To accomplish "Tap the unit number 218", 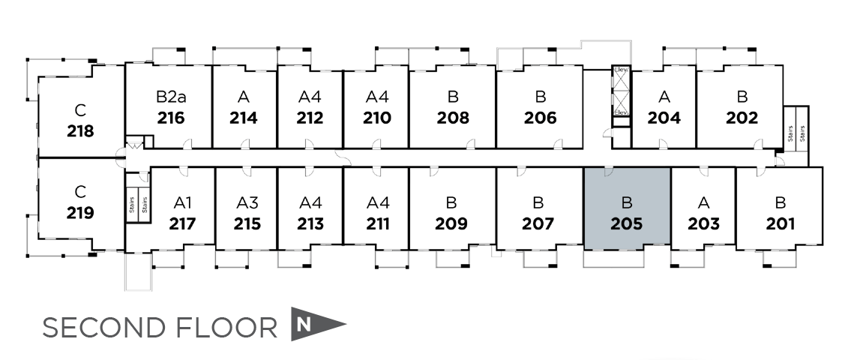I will click(80, 131).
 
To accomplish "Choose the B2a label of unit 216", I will click(171, 97).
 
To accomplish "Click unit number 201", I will click(781, 223).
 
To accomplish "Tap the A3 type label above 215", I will click(247, 202).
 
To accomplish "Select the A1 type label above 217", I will click(183, 202).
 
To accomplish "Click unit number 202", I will click(742, 118).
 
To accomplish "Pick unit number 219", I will click(80, 213).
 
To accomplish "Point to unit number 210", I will click(376, 118).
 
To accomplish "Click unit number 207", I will click(538, 223).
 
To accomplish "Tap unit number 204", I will click(664, 118).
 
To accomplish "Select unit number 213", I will click(310, 223).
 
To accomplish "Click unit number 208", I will click(453, 118).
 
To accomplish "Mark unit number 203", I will click(703, 223).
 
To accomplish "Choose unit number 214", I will click(244, 118).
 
